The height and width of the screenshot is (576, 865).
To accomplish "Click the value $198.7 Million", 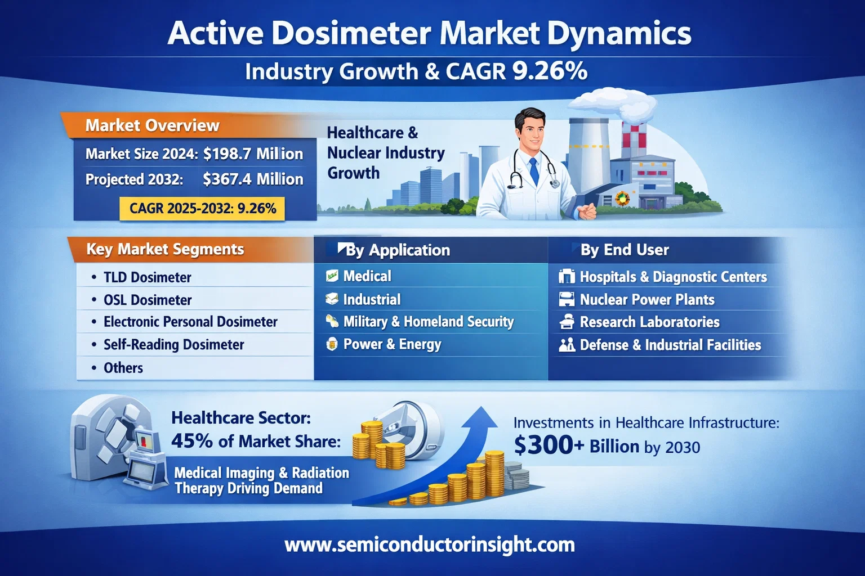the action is [x=253, y=154].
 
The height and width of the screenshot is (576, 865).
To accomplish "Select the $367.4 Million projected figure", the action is [x=253, y=179].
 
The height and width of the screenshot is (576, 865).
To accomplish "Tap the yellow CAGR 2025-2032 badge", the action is [x=202, y=209].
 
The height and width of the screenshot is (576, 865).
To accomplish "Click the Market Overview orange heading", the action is [x=152, y=125].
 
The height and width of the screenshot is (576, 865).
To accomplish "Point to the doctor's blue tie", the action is [x=534, y=171].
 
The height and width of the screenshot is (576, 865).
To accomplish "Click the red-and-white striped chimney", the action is [x=634, y=139].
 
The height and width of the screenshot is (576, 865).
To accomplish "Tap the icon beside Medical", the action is [x=332, y=276].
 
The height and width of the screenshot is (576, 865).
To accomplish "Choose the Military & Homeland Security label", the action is [x=429, y=321].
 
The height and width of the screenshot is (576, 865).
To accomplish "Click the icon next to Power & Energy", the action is [x=332, y=344].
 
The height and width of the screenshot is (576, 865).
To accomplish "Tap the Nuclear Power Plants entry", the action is [x=647, y=299].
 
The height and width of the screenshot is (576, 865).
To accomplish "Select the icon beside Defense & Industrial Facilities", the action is [x=567, y=345].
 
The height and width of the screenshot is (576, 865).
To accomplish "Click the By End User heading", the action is [x=625, y=250].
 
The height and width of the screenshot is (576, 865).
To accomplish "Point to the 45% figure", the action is [x=191, y=440].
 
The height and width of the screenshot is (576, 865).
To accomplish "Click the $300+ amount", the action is [x=549, y=445].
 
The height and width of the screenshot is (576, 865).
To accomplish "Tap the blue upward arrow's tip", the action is [x=481, y=407].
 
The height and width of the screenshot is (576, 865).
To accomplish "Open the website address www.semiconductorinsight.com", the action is [x=430, y=544].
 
